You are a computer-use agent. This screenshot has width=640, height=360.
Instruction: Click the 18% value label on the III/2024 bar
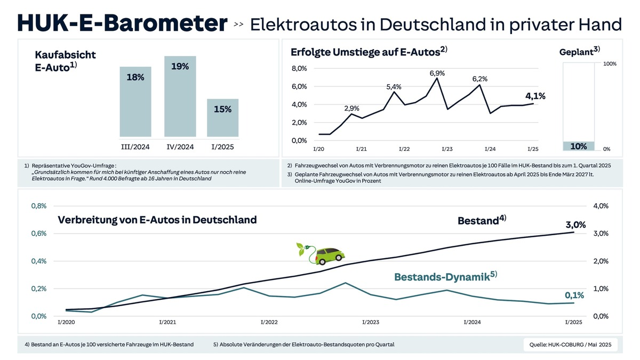135,77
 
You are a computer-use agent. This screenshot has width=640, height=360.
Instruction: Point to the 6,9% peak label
437,73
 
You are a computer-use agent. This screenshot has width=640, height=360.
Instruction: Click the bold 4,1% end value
535,96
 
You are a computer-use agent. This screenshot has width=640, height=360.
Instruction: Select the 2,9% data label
352,108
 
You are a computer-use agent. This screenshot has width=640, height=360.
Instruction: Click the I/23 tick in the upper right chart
446,149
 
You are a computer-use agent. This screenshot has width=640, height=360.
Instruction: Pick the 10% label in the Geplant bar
578,146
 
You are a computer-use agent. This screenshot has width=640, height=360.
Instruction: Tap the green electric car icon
321,253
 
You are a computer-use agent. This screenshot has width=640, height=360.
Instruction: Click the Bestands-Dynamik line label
445,276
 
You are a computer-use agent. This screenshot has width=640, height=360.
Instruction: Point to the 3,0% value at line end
575,225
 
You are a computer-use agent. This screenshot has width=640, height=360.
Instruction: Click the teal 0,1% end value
574,295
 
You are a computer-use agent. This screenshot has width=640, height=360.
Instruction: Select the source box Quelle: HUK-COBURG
570,345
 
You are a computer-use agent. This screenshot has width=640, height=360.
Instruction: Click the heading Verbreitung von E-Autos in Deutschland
157,220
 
